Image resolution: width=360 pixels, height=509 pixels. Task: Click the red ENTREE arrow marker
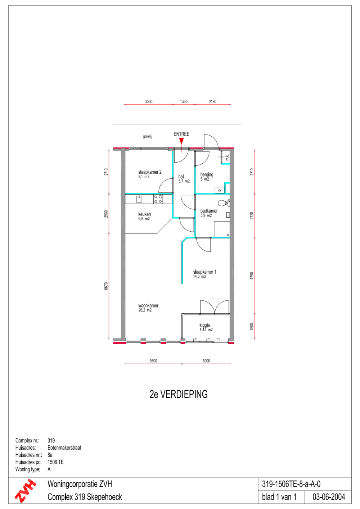point(181,141)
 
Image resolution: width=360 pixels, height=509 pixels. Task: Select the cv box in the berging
point(220,190)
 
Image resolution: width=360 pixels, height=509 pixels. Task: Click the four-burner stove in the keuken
point(158,199)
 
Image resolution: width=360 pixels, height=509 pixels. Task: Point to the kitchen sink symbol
point(139,199)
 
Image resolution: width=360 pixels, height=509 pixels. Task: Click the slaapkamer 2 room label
point(150,172)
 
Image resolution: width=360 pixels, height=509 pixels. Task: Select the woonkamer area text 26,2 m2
point(145,310)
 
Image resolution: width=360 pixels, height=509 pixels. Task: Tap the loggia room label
point(205,325)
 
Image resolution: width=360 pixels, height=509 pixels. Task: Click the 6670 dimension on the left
point(106,286)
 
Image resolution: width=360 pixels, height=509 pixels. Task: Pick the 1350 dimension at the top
point(184,101)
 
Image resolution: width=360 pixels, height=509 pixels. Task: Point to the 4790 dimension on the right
point(252,276)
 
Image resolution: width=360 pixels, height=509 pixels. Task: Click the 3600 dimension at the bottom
point(153,361)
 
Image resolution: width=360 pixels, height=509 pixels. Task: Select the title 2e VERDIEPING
point(179,394)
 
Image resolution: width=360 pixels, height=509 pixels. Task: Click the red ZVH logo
point(25,490)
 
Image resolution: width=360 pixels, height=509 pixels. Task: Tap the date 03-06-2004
point(329,497)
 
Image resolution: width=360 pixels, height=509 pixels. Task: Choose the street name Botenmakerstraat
point(64,447)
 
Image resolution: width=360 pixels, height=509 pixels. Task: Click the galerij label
point(147,136)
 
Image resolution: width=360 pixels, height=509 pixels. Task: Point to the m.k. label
point(227,157)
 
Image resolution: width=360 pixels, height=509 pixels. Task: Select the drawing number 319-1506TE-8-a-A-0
point(291,484)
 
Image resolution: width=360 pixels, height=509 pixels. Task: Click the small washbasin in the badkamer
point(228,215)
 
